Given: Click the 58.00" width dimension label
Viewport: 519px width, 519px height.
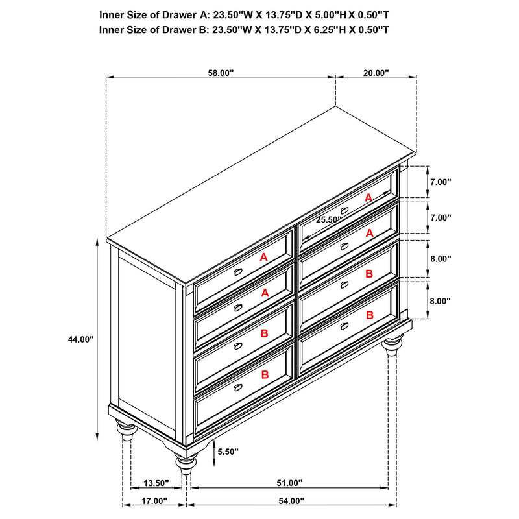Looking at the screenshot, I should pos(221,73).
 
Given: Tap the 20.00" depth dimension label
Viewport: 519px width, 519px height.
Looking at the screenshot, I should pos(376,73).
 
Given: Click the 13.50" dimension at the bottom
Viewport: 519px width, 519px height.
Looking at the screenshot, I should pos(156,483).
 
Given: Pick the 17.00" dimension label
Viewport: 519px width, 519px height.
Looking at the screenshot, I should pos(154,501).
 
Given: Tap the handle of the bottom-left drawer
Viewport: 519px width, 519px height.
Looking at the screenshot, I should pos(238,387).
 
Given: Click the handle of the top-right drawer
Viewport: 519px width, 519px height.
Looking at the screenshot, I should pos(344,210).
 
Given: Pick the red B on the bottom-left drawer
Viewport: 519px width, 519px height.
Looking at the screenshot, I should pos(265,374).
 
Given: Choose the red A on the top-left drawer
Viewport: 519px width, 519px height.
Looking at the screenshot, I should pos(263,258).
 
